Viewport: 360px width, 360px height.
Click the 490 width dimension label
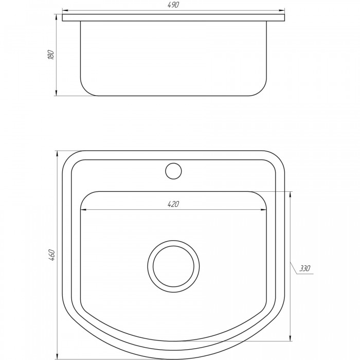173,5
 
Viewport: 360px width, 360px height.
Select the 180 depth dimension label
51,55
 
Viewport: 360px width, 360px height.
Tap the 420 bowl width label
173,204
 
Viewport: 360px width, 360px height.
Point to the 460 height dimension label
51,255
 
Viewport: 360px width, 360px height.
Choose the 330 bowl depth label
305,268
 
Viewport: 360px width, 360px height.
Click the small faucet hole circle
173,171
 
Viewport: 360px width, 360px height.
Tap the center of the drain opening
173,266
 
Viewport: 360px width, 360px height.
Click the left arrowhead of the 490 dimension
65,10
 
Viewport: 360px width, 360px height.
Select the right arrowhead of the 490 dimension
281,10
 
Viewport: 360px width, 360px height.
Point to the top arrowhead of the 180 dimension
56,17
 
